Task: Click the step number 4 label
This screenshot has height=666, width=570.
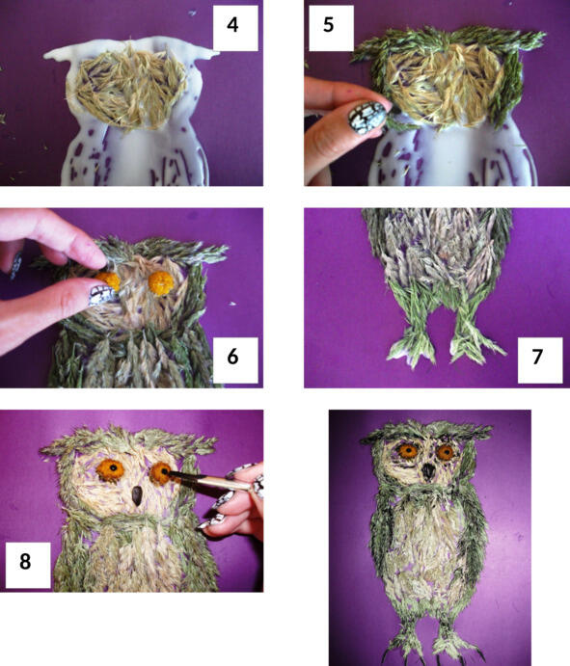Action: (232, 25)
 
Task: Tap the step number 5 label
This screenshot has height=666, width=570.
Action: (328, 25)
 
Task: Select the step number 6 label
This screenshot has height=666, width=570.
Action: (232, 357)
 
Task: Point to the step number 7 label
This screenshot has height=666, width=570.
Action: (537, 357)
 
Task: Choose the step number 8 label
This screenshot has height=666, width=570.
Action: (25, 561)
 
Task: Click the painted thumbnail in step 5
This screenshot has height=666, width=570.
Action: (366, 118)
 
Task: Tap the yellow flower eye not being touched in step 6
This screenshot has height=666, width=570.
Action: (161, 282)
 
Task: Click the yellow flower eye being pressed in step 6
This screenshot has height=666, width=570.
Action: (109, 281)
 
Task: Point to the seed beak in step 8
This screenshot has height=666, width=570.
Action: (137, 495)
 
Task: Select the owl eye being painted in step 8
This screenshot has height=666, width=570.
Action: (161, 473)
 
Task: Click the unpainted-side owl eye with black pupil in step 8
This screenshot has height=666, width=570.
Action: (111, 469)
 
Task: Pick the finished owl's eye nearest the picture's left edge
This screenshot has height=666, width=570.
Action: (407, 451)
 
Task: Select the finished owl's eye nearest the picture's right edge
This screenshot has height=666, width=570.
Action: (446, 452)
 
